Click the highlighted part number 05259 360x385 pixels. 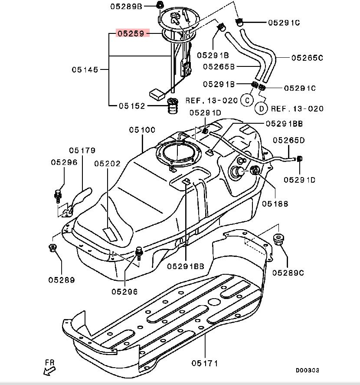(131, 33)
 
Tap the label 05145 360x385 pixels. (85, 69)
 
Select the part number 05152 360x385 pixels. (132, 106)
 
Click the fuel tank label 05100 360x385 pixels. (142, 130)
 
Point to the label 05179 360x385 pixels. (82, 150)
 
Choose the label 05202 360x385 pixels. (108, 164)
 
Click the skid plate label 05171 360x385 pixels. (205, 363)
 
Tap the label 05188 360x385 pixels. (275, 204)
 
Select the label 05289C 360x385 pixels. (288, 273)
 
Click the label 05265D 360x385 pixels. (289, 140)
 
